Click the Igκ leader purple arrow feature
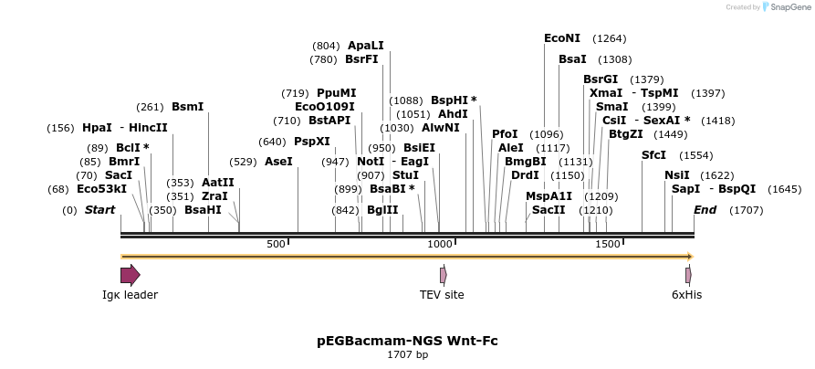(x=131, y=275)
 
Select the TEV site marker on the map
(x=443, y=275)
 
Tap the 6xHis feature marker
(x=688, y=275)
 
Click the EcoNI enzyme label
(x=561, y=38)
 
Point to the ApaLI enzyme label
(x=366, y=46)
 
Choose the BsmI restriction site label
(x=188, y=107)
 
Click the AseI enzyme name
(x=278, y=162)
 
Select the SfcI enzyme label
(x=653, y=155)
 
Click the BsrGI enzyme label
(x=601, y=79)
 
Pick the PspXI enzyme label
(x=312, y=142)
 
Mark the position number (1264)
(x=610, y=38)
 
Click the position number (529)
(x=243, y=162)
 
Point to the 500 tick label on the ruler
(x=276, y=244)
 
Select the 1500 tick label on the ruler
(x=608, y=244)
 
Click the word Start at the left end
(x=99, y=210)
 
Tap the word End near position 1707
(x=705, y=210)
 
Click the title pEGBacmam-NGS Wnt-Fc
(x=407, y=341)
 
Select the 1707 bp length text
(x=407, y=354)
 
